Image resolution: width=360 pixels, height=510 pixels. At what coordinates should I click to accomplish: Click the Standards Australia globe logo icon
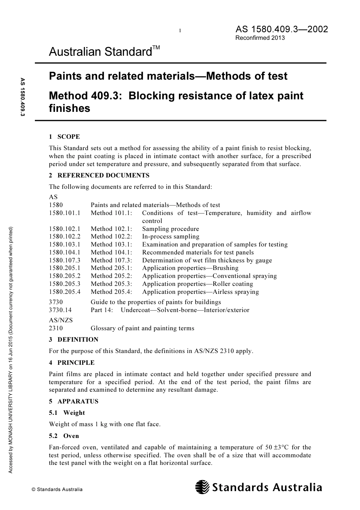tap(202, 487)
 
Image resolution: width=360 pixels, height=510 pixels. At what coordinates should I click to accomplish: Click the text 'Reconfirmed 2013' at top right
tap(260, 38)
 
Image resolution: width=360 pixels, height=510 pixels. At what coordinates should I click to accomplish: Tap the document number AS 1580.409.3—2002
tap(282, 29)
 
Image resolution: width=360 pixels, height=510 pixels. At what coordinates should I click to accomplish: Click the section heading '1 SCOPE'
tap(64, 137)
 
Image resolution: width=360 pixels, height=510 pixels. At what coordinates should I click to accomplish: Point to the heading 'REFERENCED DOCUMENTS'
tap(103, 176)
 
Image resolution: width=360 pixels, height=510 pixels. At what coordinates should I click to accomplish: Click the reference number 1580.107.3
tap(64, 260)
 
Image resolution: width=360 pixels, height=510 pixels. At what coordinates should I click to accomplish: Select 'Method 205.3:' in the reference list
tap(111, 284)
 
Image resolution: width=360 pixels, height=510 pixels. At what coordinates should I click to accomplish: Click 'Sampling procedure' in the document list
tap(171, 229)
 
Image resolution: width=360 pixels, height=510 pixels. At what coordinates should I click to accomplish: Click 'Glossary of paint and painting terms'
tap(142, 328)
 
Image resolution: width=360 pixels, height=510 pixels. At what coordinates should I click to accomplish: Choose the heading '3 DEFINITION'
tap(74, 340)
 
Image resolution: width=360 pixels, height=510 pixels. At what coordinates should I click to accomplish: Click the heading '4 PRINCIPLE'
tap(72, 363)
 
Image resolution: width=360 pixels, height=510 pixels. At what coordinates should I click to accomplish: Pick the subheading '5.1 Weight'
tap(67, 413)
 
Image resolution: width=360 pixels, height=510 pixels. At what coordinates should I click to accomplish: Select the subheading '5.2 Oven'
tap(64, 436)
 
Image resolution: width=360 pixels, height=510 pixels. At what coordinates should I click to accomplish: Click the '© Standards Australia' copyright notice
tap(57, 490)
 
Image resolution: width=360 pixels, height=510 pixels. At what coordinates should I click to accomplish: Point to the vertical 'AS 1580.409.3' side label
tap(22, 97)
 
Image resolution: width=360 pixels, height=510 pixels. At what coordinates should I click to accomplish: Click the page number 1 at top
tap(180, 31)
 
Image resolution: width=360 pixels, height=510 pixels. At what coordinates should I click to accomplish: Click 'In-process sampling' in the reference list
tap(171, 237)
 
